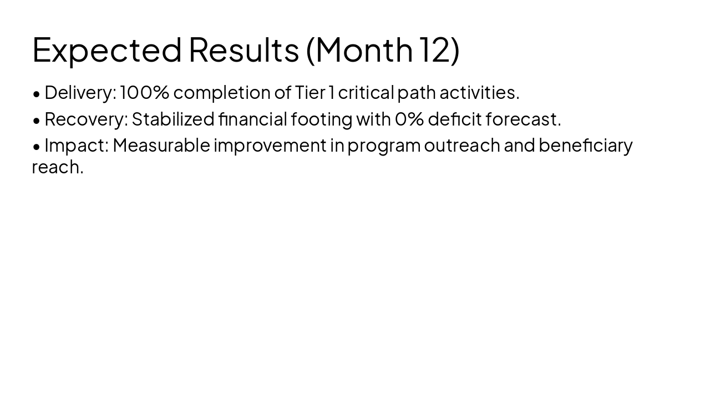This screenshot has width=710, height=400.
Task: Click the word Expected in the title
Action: [x=107, y=49]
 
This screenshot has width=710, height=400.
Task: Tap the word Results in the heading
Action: [x=244, y=49]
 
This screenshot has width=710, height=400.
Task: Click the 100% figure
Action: [x=144, y=93]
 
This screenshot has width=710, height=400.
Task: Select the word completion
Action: [x=221, y=93]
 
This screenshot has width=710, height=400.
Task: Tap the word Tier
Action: [x=310, y=93]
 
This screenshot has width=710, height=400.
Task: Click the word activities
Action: [x=479, y=93]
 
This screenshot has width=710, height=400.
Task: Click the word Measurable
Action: [x=161, y=146]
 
